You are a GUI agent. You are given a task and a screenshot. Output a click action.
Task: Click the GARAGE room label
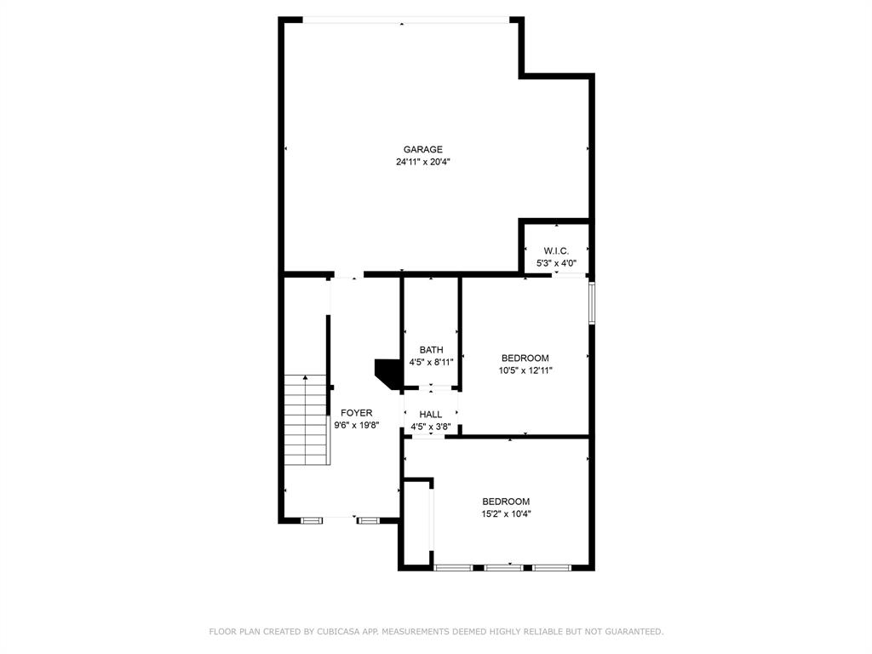click(x=422, y=150)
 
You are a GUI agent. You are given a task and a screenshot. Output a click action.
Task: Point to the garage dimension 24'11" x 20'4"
click(x=422, y=162)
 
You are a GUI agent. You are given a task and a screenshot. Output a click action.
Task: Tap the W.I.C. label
click(x=556, y=250)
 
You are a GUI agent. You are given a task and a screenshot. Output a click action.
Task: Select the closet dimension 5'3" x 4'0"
click(x=556, y=263)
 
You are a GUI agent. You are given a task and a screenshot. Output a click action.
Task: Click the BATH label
click(x=431, y=350)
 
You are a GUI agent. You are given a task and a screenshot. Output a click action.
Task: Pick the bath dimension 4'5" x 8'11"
click(x=431, y=362)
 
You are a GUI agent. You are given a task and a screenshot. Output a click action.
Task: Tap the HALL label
click(x=430, y=415)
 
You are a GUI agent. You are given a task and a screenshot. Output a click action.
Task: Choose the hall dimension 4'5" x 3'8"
click(x=430, y=427)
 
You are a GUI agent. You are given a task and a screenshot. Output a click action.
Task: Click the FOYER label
click(x=356, y=413)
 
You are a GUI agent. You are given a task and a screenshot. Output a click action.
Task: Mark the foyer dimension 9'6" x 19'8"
click(x=356, y=425)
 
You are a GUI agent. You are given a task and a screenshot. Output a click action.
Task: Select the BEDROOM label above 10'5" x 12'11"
click(x=525, y=359)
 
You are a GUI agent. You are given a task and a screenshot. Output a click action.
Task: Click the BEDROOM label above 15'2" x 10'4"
click(x=506, y=502)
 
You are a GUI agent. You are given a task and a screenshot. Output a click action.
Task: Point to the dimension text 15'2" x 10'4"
click(x=506, y=513)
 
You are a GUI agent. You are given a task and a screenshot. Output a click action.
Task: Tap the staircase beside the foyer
click(x=306, y=420)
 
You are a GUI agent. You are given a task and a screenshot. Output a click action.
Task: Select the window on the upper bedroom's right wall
click(x=591, y=302)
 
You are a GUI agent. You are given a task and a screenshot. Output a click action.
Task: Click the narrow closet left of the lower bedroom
click(x=417, y=523)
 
